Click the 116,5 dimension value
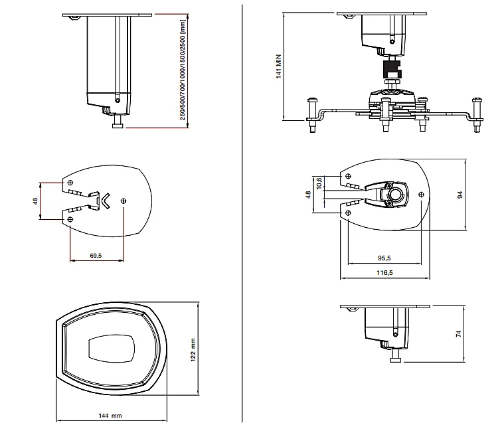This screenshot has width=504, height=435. click(x=384, y=272)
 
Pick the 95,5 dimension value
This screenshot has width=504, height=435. click(x=384, y=258)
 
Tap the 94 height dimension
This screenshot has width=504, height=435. click(x=459, y=194)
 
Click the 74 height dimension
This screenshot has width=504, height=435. click(x=459, y=335)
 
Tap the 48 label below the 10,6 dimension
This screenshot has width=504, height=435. click(x=308, y=195)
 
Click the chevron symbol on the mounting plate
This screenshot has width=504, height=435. click(x=105, y=199)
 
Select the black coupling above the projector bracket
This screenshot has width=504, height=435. click(x=392, y=69)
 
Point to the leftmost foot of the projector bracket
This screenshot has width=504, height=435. click(x=311, y=114)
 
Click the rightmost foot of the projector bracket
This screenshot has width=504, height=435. click(x=476, y=114)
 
